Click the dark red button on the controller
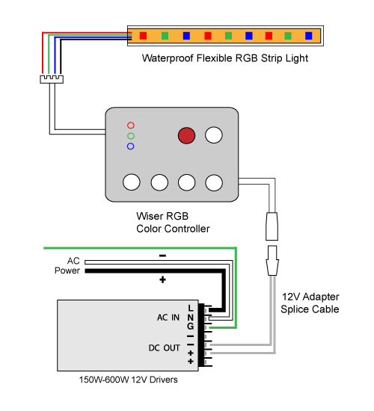(x=186, y=135)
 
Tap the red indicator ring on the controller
(x=131, y=122)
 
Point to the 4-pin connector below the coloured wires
(x=52, y=79)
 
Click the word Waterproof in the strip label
(x=168, y=58)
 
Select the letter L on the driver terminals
(x=191, y=308)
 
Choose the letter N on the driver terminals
(x=191, y=318)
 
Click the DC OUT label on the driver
(x=165, y=347)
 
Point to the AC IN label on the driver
(x=168, y=318)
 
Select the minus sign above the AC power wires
(x=163, y=256)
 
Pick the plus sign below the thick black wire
(x=163, y=279)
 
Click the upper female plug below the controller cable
(x=272, y=226)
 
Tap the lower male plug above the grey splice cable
(x=272, y=260)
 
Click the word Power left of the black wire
(x=67, y=271)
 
